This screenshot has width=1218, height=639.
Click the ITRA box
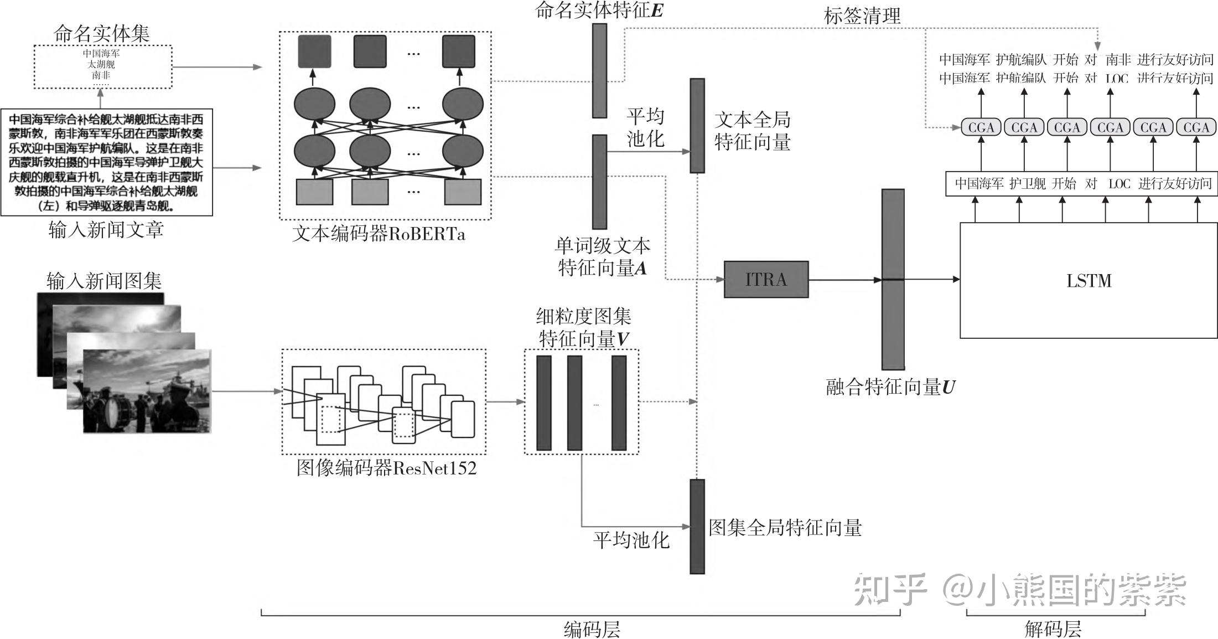click(766, 280)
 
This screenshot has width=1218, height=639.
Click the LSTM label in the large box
click(1089, 281)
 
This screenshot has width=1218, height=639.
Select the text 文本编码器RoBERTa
click(379, 234)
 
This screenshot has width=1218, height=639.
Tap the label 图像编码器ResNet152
click(386, 468)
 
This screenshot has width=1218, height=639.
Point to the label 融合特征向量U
click(890, 387)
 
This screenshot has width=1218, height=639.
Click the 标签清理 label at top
click(862, 16)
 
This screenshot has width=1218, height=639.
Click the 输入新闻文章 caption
click(106, 229)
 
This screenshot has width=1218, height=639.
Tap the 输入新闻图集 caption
click(104, 281)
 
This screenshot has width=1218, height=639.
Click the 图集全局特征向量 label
click(785, 527)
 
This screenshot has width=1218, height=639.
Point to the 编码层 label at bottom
click(592, 629)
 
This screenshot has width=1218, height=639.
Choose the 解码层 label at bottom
click(1053, 629)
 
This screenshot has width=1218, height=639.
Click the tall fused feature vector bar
click(893, 280)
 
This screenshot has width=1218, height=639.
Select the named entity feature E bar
click(599, 70)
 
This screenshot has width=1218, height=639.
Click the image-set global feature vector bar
click(697, 527)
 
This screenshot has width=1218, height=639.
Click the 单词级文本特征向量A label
click(603, 256)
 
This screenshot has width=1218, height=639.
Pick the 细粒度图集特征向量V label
click(584, 328)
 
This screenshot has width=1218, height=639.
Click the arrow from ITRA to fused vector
click(845, 280)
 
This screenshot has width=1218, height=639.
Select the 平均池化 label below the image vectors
click(631, 540)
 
